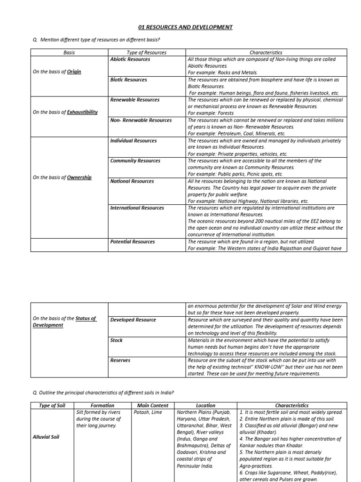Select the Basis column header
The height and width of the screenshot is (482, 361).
[69, 53]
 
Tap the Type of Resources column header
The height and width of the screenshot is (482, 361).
[147, 53]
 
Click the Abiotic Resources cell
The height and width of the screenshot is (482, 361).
[130, 59]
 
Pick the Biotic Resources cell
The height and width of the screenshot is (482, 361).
[128, 80]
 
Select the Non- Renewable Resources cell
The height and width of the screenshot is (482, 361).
[141, 120]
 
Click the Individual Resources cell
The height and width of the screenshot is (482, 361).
[133, 140]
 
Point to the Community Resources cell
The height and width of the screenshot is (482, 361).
[135, 161]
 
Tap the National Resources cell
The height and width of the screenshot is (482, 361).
[132, 181]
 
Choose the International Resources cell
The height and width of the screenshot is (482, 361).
[137, 208]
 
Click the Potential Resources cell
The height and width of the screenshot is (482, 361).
[133, 241]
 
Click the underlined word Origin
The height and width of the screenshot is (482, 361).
[74, 72]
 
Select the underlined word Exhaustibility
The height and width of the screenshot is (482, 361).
[83, 112]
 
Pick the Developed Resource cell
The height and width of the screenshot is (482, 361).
[133, 320]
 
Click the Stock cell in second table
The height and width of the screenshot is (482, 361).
[117, 340]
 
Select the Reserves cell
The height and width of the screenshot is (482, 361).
[120, 360]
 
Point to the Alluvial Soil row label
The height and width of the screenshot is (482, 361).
[46, 437]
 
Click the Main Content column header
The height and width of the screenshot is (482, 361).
[153, 405]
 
